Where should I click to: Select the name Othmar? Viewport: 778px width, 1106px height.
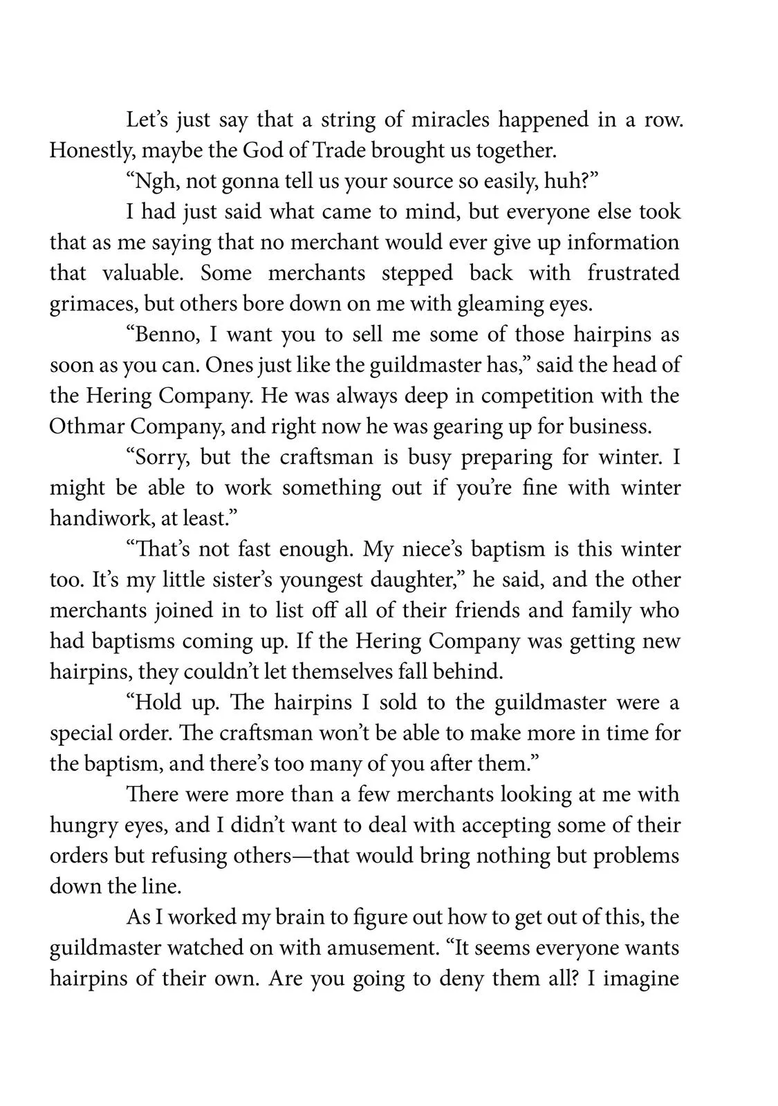tap(86, 426)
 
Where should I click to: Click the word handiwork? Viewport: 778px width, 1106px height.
tap(89, 518)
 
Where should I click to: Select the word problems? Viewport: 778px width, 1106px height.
tap(636, 855)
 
